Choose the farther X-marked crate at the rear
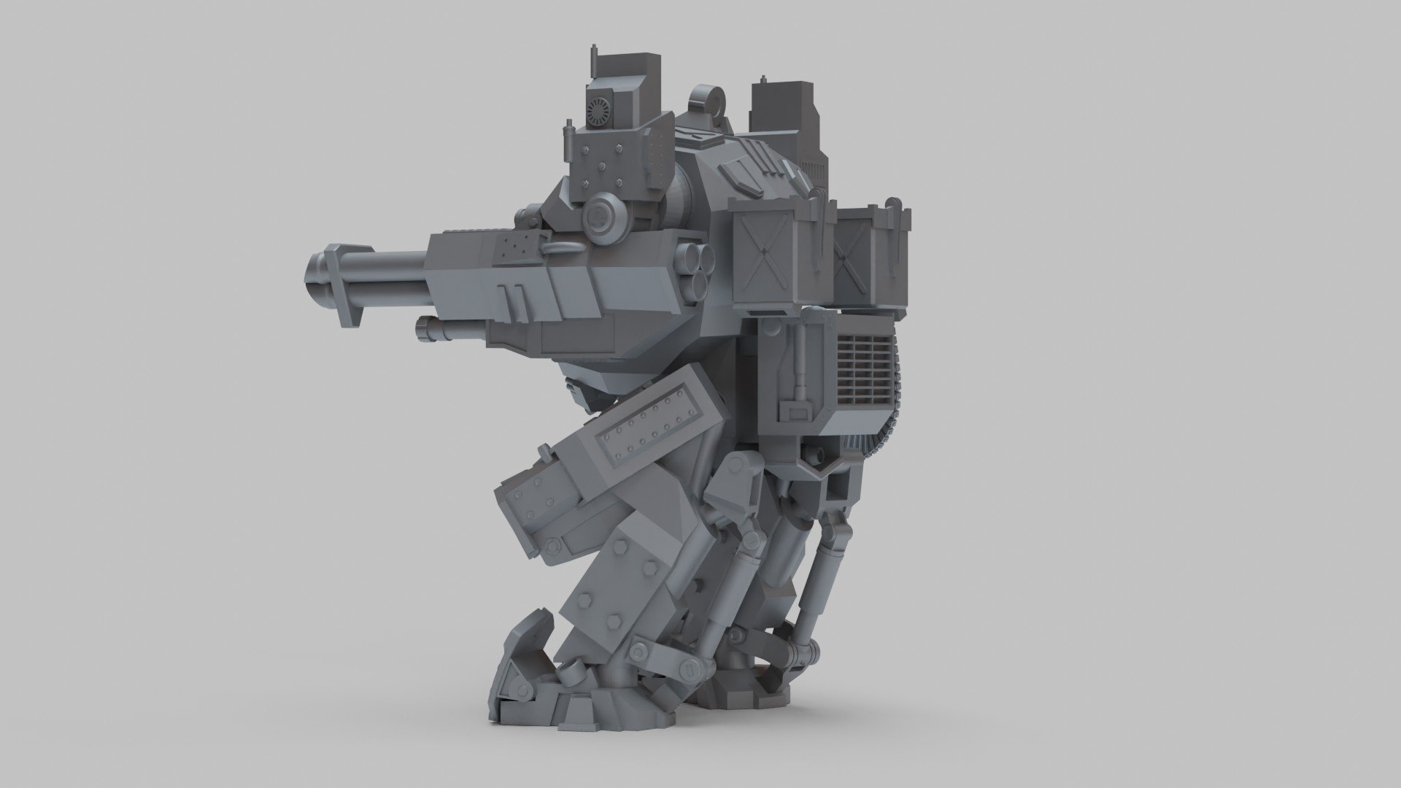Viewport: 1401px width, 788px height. point(857,255)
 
